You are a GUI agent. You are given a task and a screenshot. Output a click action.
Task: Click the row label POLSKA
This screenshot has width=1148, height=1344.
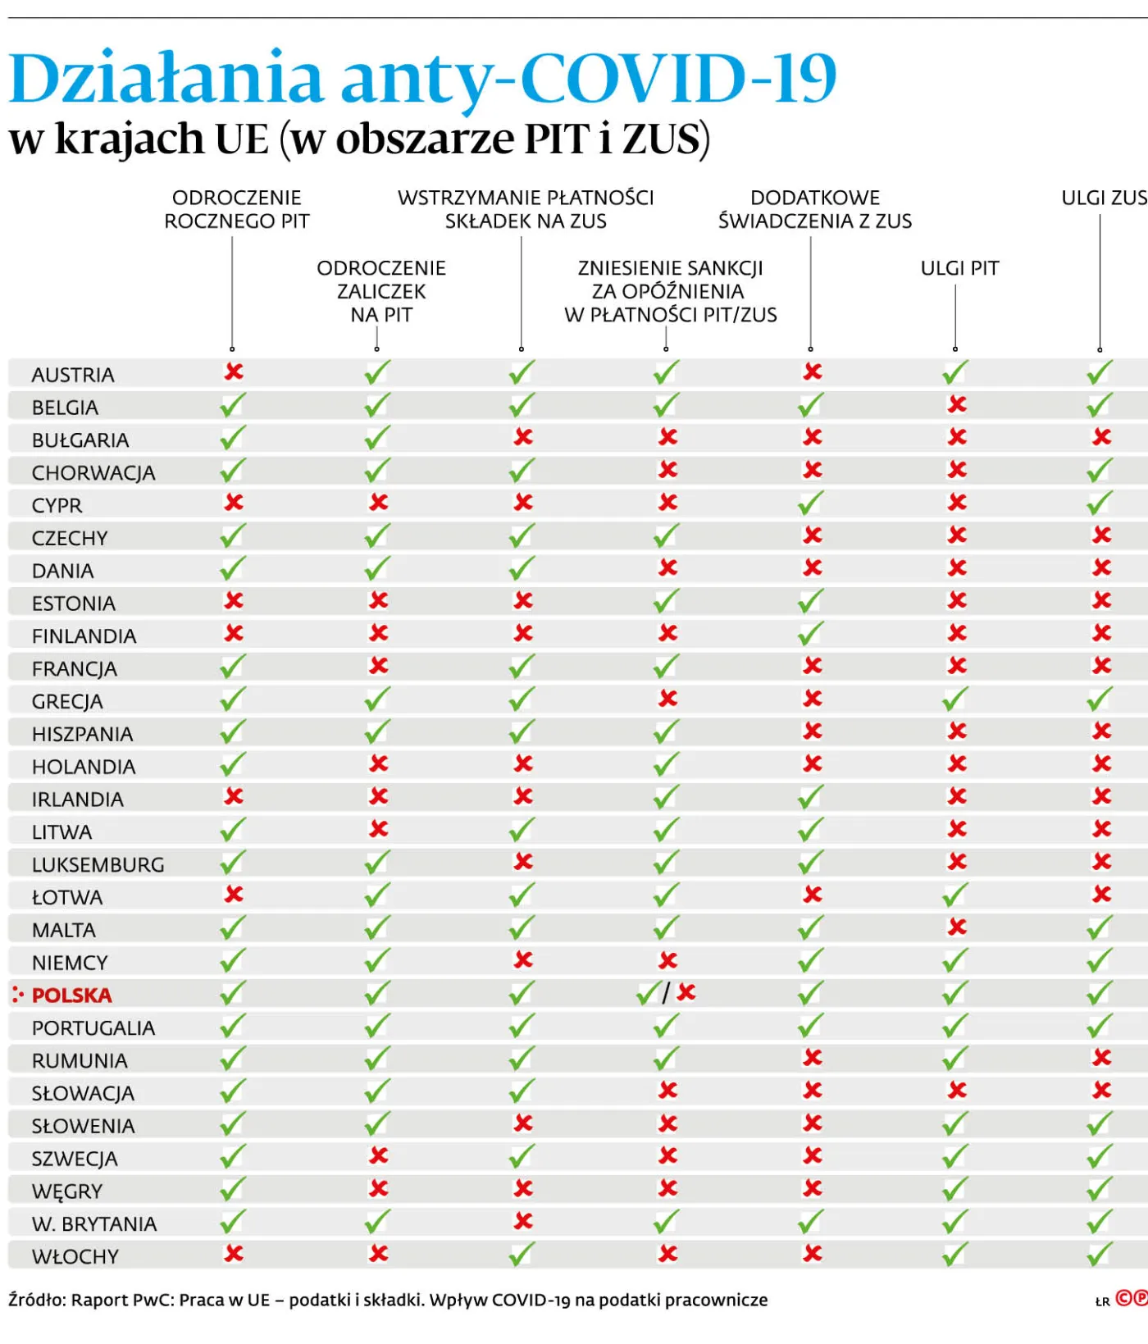[71, 995]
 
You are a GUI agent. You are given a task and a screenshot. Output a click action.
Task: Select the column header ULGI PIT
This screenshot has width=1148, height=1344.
[959, 268]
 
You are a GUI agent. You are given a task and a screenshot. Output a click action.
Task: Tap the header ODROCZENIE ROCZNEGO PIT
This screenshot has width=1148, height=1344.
[237, 209]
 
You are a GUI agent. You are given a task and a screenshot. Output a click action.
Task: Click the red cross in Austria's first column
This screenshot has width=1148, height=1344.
[234, 372]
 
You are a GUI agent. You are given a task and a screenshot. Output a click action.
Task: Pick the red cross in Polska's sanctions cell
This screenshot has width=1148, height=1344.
[686, 992]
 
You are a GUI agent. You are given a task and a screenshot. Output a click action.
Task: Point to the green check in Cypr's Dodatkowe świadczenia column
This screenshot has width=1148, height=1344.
[810, 502]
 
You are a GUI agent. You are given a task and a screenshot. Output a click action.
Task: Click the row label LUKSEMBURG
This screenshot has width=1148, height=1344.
[98, 865]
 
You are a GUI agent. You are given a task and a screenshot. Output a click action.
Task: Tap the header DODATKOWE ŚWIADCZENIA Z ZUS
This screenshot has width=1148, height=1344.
[815, 209]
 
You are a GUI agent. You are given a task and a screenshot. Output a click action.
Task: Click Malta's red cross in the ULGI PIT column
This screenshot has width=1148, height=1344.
[957, 927]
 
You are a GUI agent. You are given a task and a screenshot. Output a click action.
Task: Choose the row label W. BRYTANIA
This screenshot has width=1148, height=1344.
[94, 1224]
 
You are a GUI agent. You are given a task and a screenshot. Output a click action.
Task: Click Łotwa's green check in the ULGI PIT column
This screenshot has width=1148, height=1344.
[955, 895]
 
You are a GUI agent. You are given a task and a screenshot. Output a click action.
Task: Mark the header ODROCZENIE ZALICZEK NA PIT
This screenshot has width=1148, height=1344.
[381, 291]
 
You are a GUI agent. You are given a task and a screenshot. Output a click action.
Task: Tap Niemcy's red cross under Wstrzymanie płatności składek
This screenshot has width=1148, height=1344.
[523, 960]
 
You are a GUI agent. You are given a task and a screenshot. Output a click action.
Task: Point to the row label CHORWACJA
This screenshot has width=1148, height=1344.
[93, 473]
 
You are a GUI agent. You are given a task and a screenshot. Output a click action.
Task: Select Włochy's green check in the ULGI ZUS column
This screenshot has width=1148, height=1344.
[1100, 1254]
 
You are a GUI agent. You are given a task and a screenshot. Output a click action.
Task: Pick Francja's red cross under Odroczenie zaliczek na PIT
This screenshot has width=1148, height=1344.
[378, 666]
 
